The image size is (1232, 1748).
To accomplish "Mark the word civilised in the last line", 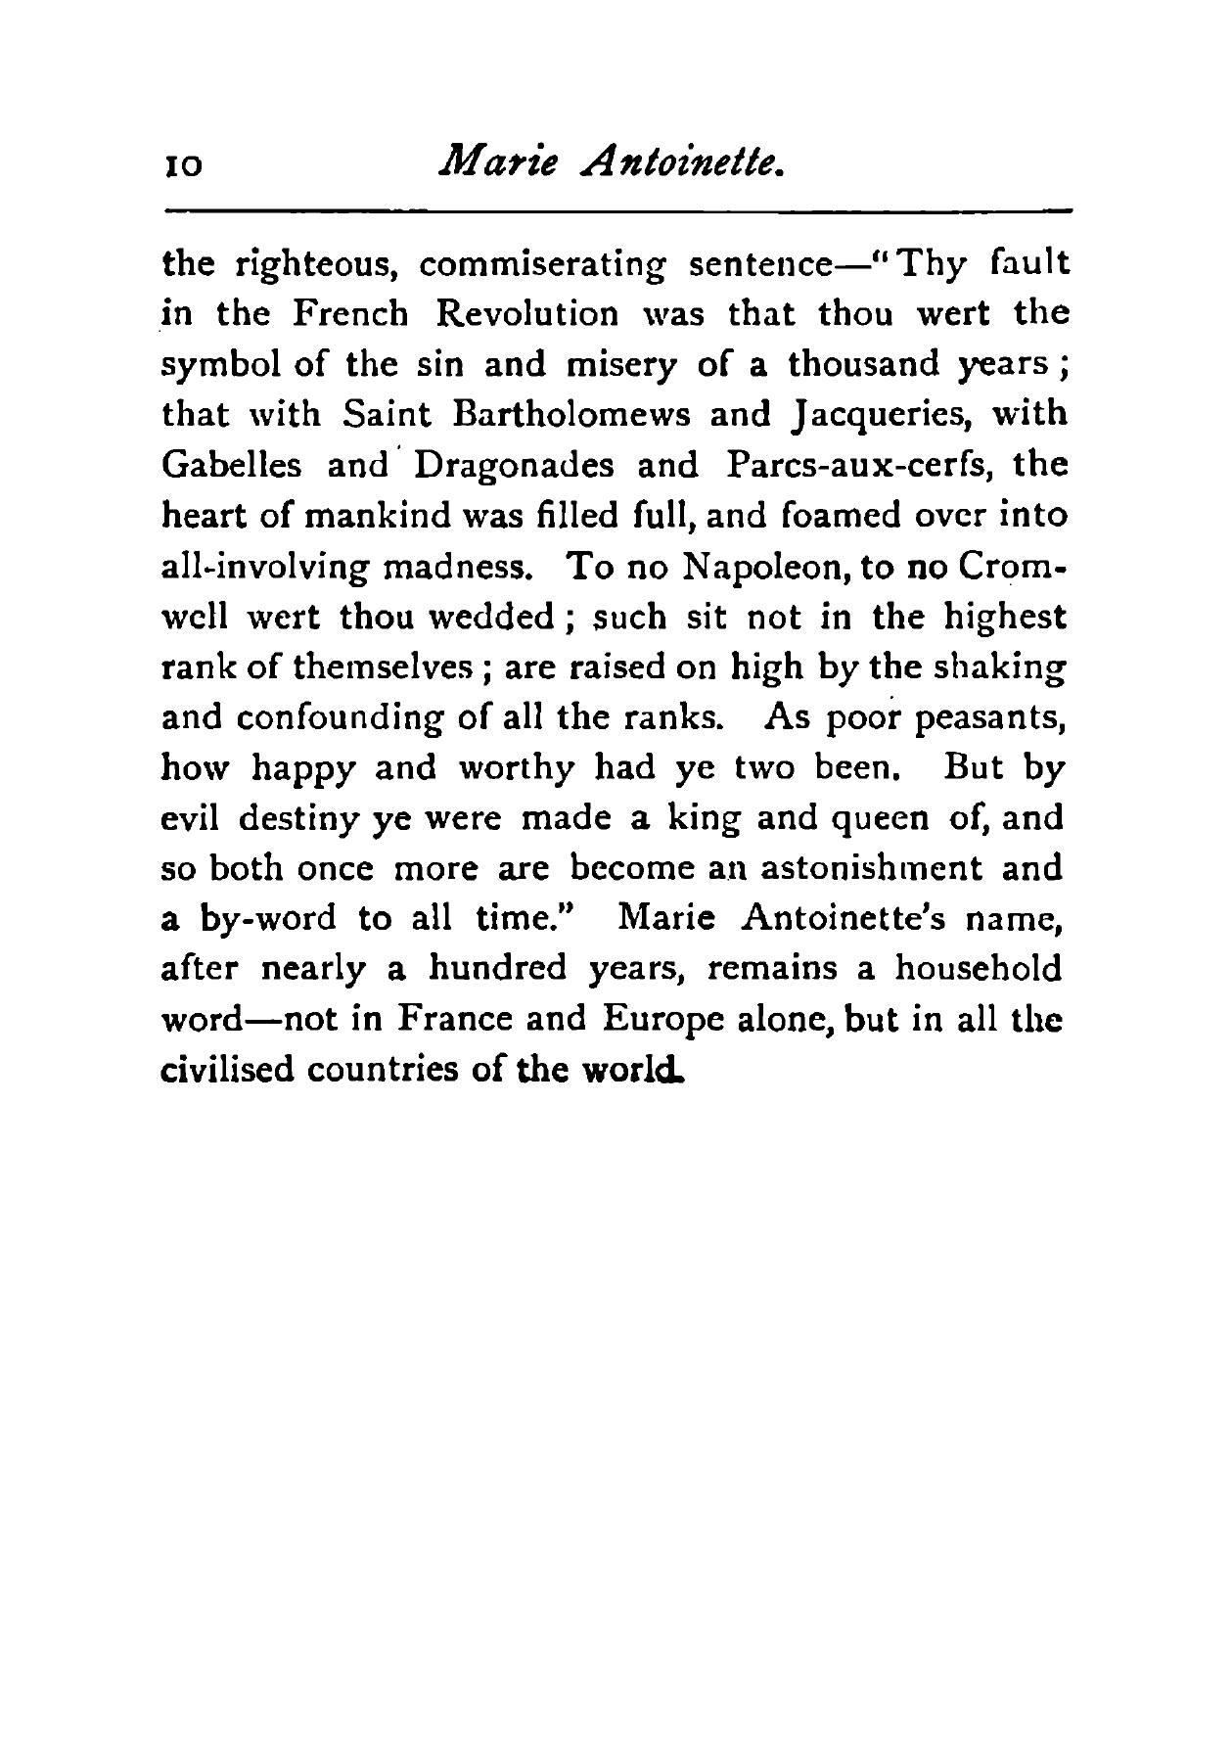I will (x=226, y=1069).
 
